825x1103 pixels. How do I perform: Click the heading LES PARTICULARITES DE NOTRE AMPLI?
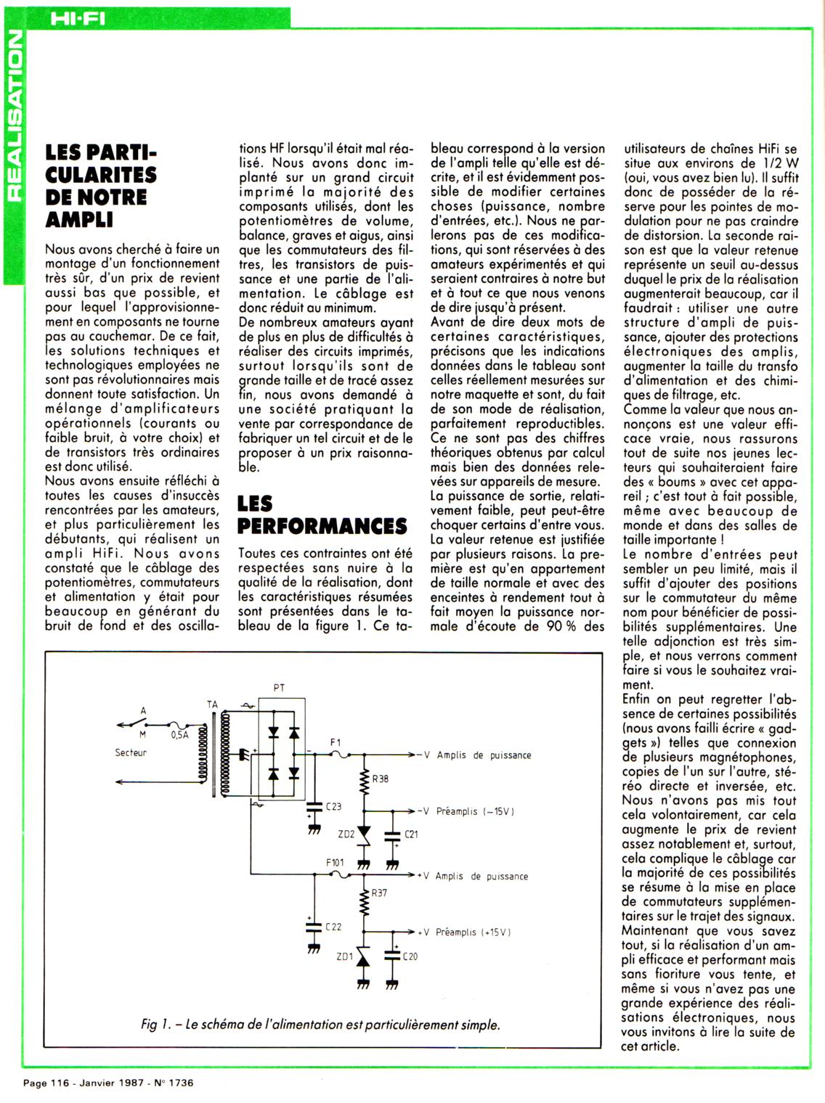tap(101, 185)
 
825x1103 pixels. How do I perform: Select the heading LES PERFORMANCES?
tap(322, 514)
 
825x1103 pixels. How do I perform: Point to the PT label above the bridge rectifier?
tap(279, 686)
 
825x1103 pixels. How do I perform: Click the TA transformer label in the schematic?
tap(212, 704)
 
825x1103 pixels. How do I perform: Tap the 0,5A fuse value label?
tap(180, 734)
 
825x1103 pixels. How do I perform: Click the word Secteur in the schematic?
tap(131, 753)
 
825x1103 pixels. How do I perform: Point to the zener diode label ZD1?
tap(344, 956)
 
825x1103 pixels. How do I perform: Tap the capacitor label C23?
tap(334, 806)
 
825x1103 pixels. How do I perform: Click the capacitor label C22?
tap(333, 927)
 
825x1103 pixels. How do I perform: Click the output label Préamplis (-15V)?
tap(475, 811)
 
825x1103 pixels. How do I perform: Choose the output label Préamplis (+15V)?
tap(473, 932)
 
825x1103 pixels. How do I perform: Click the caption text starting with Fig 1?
tap(321, 1025)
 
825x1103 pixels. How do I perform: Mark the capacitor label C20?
tap(410, 956)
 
